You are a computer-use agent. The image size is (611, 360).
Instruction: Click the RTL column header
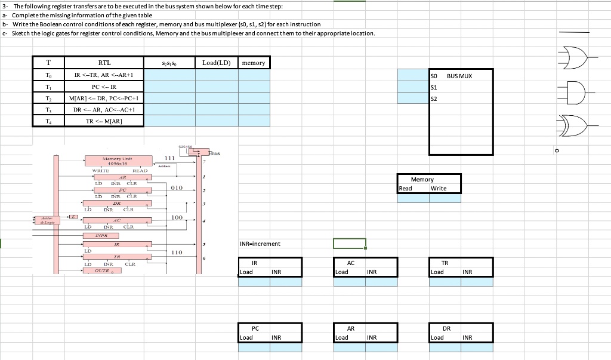click(x=104, y=63)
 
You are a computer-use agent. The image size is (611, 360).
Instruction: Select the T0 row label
click(x=48, y=75)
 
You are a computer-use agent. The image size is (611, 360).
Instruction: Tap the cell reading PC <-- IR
click(x=104, y=86)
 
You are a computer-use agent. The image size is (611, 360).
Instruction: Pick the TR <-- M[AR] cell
click(x=104, y=121)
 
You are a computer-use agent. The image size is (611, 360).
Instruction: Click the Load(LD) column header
click(x=217, y=63)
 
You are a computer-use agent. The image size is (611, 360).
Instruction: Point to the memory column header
click(x=254, y=63)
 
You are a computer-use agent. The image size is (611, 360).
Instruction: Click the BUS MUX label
click(x=459, y=76)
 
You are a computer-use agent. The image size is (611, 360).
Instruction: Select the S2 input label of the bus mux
click(x=434, y=99)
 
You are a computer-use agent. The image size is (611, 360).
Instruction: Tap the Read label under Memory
click(x=405, y=189)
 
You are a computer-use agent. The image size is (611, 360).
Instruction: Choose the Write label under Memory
click(x=439, y=189)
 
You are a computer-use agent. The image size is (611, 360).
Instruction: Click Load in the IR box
click(x=246, y=272)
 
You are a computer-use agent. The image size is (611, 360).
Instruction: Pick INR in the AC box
click(x=371, y=272)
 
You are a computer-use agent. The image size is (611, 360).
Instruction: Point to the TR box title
click(x=445, y=263)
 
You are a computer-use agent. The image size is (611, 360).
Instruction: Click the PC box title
click(x=255, y=328)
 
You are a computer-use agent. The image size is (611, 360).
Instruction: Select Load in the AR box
click(x=342, y=338)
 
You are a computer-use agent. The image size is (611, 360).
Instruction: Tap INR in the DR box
click(x=467, y=338)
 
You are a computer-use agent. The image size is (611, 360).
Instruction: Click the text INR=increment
click(x=260, y=244)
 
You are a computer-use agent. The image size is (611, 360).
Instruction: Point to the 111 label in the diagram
click(x=169, y=158)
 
